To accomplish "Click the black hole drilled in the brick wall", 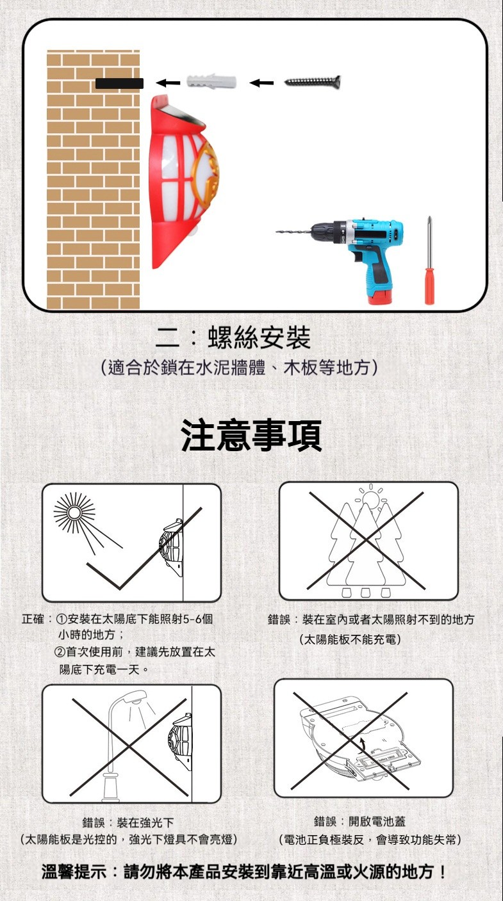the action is click(x=119, y=83).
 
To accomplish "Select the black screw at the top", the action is click(x=313, y=81).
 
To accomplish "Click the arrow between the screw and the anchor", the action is click(x=261, y=83).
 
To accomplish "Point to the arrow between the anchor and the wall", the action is click(x=167, y=83).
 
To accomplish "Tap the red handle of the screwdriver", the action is click(x=430, y=287).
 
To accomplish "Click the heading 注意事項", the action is click(x=251, y=435).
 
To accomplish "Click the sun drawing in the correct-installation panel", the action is click(x=74, y=513).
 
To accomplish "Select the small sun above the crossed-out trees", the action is click(x=370, y=498).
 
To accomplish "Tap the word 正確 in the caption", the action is click(x=33, y=619).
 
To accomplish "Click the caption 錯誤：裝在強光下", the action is click(x=128, y=822).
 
